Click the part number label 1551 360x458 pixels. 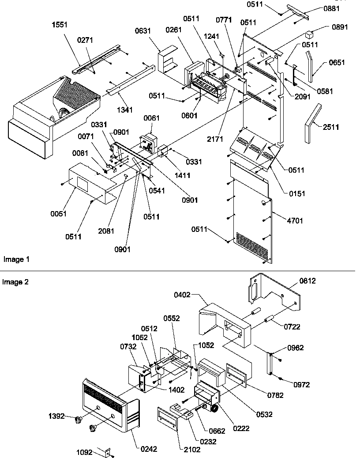tap(59, 25)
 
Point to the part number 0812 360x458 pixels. tap(307, 281)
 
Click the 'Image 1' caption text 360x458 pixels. tap(16, 260)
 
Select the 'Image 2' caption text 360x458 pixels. tap(16, 282)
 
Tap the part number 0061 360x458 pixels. tap(151, 118)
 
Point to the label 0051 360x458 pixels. tap(58, 214)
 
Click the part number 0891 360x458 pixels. tap(339, 27)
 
